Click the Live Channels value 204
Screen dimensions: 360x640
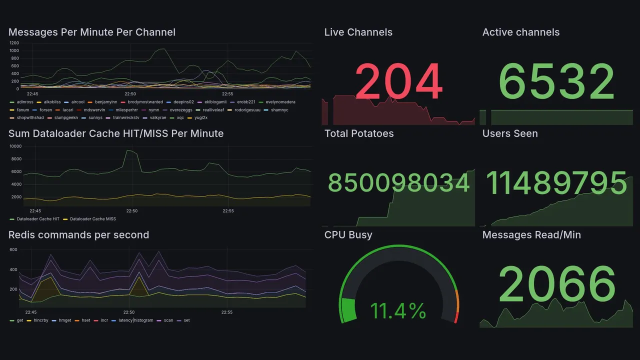pyautogui.click(x=398, y=82)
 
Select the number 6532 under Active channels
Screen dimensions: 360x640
pyautogui.click(x=556, y=82)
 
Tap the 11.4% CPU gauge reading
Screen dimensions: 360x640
pyautogui.click(x=398, y=311)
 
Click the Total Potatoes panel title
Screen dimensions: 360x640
pyautogui.click(x=358, y=133)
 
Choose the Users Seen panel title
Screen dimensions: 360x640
pyautogui.click(x=510, y=133)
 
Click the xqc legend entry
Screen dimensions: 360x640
pyautogui.click(x=180, y=118)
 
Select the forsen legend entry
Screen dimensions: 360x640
pyautogui.click(x=45, y=110)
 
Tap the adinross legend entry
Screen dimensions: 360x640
pyautogui.click(x=25, y=102)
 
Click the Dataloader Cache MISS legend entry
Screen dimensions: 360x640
pyautogui.click(x=92, y=219)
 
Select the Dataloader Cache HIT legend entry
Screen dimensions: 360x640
pyautogui.click(x=37, y=219)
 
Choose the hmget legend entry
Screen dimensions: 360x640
pyautogui.click(x=65, y=320)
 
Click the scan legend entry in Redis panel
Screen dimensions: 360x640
pyautogui.click(x=168, y=320)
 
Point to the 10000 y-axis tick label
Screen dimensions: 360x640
pyautogui.click(x=15, y=146)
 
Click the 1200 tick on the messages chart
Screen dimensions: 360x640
pyautogui.click(x=14, y=43)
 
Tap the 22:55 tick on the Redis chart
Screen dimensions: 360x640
pyautogui.click(x=227, y=312)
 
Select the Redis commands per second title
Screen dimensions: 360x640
pyautogui.click(x=78, y=235)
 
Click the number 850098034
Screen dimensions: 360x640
pyautogui.click(x=398, y=183)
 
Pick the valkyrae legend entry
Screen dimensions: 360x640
pyautogui.click(x=157, y=118)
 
